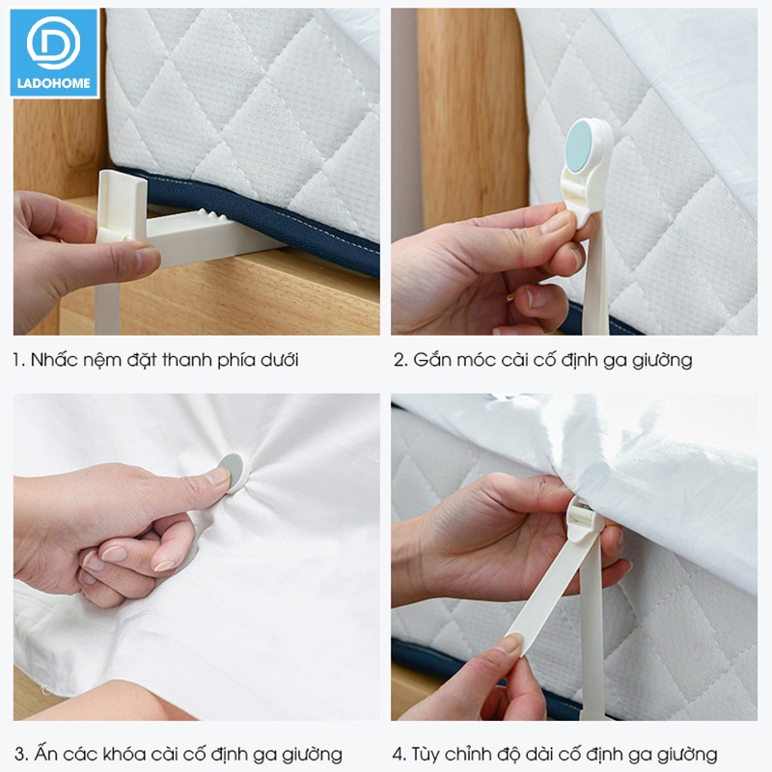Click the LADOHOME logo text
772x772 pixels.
(x=54, y=83)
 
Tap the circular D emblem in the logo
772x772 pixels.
(x=53, y=42)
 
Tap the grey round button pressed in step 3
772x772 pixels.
(x=232, y=472)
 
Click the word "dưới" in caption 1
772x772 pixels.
(x=279, y=360)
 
